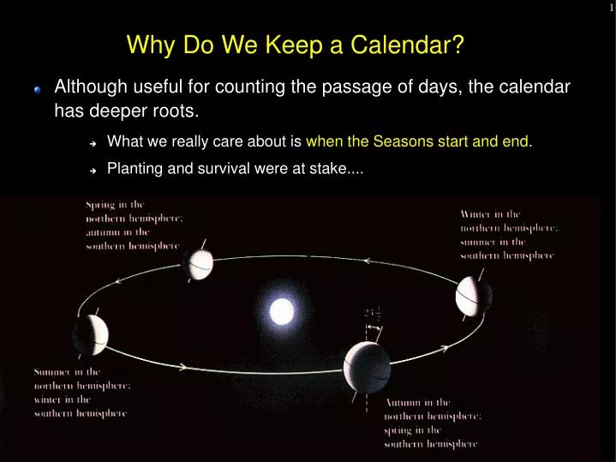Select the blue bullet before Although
[37, 89]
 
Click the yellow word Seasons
[416, 142]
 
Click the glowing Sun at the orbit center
[282, 311]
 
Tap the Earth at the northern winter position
[474, 297]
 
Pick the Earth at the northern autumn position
[367, 368]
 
